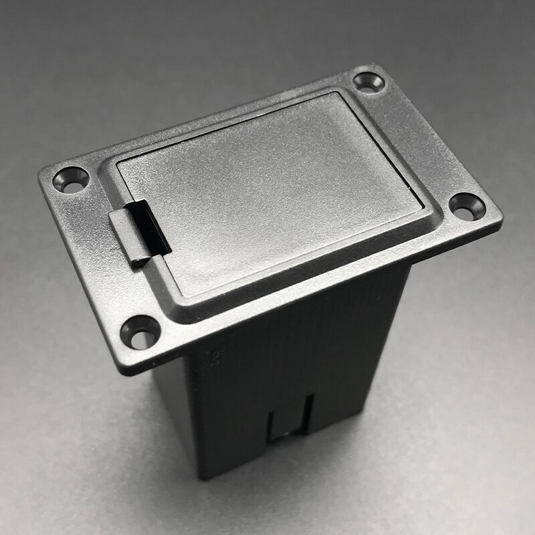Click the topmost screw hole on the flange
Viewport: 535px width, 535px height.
(x=368, y=83)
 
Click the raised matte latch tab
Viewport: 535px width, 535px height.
(x=124, y=237)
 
